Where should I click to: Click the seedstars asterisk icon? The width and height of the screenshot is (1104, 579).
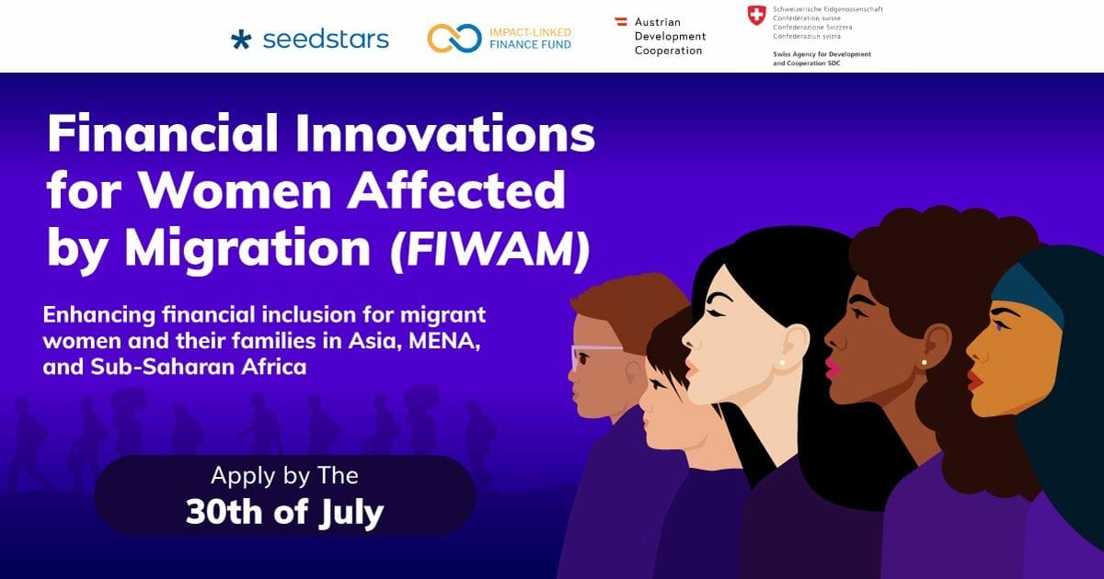241,40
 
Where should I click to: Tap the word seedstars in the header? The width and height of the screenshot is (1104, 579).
326,40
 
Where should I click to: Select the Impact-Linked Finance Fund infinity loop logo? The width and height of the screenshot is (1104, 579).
454,39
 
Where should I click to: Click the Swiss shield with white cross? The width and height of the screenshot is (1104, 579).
756,16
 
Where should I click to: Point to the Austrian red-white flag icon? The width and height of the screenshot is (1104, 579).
621,21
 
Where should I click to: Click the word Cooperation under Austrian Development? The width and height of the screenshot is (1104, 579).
668,51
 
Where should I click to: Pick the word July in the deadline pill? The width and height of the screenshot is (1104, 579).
351,513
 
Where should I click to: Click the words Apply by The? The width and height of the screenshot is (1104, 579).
284,476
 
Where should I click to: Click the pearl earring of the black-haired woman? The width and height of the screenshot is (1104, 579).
782,363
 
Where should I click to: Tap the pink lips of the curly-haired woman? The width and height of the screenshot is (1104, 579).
833,368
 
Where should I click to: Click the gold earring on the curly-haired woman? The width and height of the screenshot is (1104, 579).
924,363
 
